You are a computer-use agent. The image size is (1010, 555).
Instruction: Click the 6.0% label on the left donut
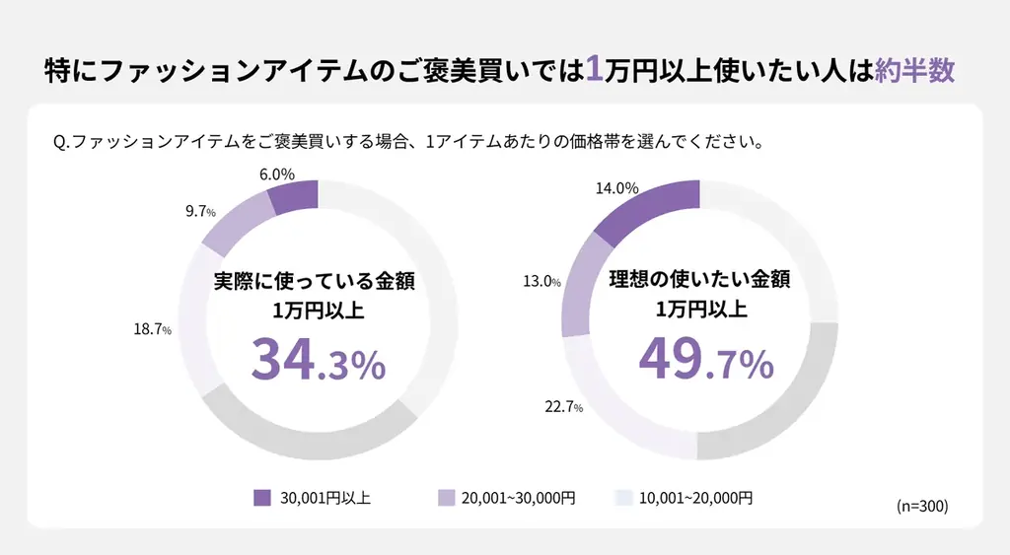pyautogui.click(x=277, y=173)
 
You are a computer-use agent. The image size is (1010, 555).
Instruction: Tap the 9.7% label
pyautogui.click(x=200, y=211)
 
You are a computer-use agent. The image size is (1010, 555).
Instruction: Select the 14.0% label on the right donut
pyautogui.click(x=617, y=188)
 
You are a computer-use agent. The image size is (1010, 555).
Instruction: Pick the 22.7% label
pyautogui.click(x=563, y=406)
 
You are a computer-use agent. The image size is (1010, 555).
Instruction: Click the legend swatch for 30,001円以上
pyautogui.click(x=261, y=498)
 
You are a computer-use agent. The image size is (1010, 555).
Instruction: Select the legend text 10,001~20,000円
pyautogui.click(x=695, y=498)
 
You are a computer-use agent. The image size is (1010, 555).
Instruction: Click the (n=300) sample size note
pyautogui.click(x=921, y=506)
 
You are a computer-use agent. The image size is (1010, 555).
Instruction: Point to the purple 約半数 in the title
pyautogui.click(x=914, y=71)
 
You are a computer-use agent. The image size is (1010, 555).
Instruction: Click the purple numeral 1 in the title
pyautogui.click(x=594, y=70)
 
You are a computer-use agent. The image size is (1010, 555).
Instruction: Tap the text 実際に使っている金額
pyautogui.click(x=315, y=281)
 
